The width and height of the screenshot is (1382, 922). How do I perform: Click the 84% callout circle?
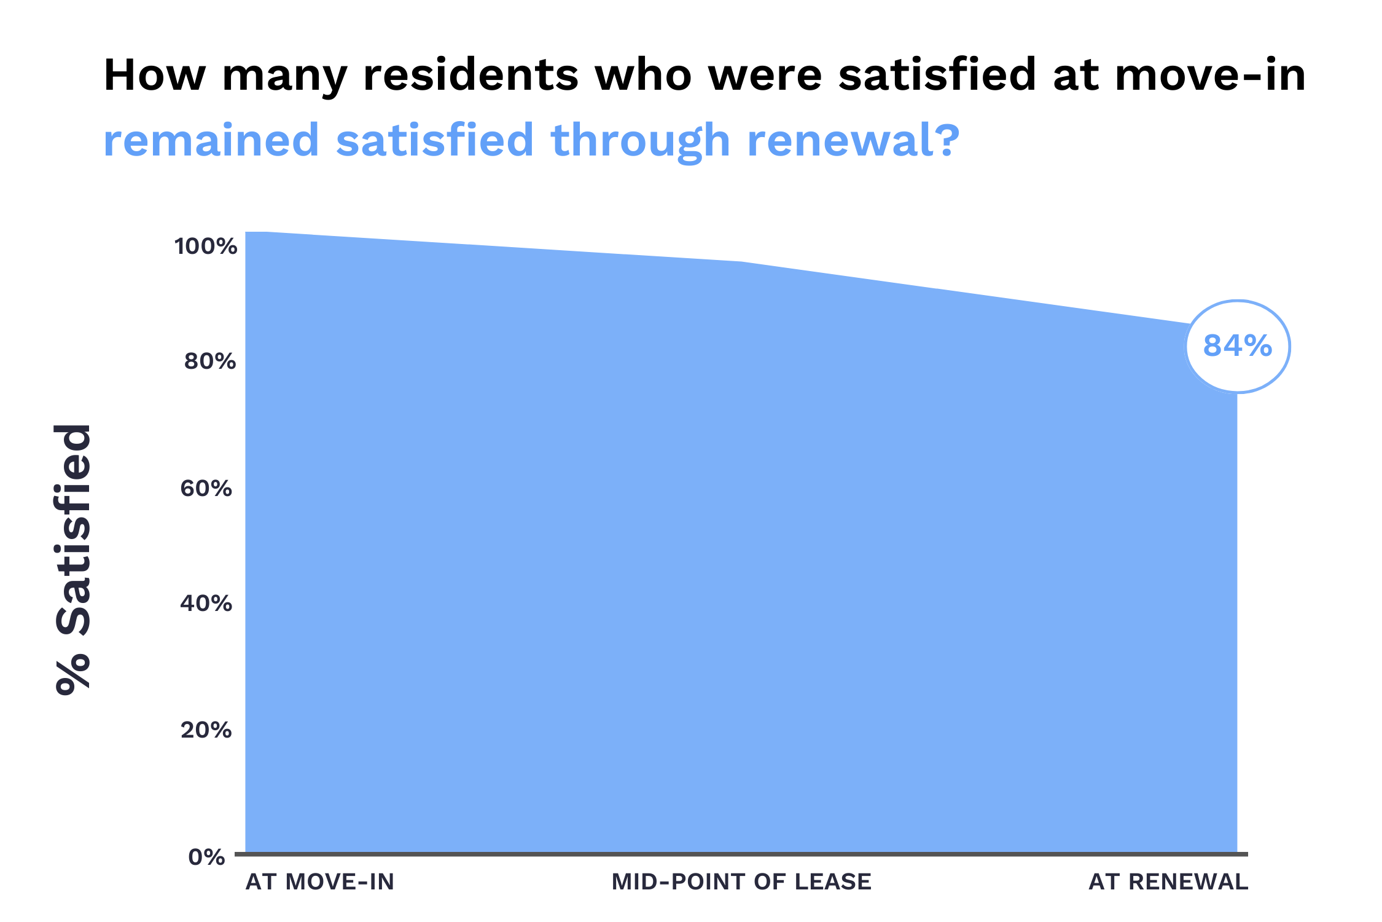click(x=1237, y=347)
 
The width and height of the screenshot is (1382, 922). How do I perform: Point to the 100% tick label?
click(x=206, y=246)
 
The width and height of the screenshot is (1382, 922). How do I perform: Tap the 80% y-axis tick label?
click(x=210, y=361)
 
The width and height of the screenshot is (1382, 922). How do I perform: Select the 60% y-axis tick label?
click(x=206, y=489)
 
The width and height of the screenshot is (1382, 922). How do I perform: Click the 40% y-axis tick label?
click(x=206, y=604)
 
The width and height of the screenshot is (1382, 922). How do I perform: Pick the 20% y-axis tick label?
click(x=206, y=730)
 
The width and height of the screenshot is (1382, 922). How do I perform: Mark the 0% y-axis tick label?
click(x=207, y=857)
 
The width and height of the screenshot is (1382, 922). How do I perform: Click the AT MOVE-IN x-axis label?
click(x=320, y=882)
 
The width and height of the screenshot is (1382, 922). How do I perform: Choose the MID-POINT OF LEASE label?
click(x=741, y=882)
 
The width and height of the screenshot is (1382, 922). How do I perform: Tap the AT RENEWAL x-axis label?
click(x=1168, y=882)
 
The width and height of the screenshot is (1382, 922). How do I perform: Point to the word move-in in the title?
click(x=1210, y=76)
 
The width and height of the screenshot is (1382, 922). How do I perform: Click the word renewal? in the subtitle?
click(x=853, y=141)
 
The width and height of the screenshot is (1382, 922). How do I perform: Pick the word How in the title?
click(x=154, y=76)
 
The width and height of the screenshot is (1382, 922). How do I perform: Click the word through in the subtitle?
click(x=641, y=141)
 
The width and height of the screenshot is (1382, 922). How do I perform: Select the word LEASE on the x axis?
click(x=833, y=882)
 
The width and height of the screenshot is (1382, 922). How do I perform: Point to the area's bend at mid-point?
click(x=742, y=262)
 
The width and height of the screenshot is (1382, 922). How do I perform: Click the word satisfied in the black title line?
click(x=937, y=76)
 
